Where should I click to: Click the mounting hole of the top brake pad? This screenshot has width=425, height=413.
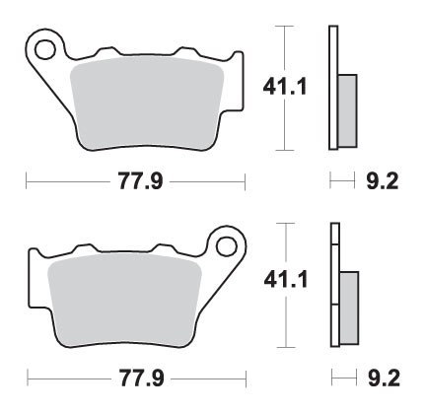[44, 45]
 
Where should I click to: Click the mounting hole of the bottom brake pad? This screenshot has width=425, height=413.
[229, 243]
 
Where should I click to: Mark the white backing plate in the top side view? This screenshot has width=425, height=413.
[332, 59]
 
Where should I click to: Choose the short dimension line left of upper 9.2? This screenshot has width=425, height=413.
[340, 182]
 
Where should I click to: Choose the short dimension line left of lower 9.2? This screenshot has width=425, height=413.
[340, 378]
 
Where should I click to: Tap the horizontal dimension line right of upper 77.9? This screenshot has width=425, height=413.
[207, 182]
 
